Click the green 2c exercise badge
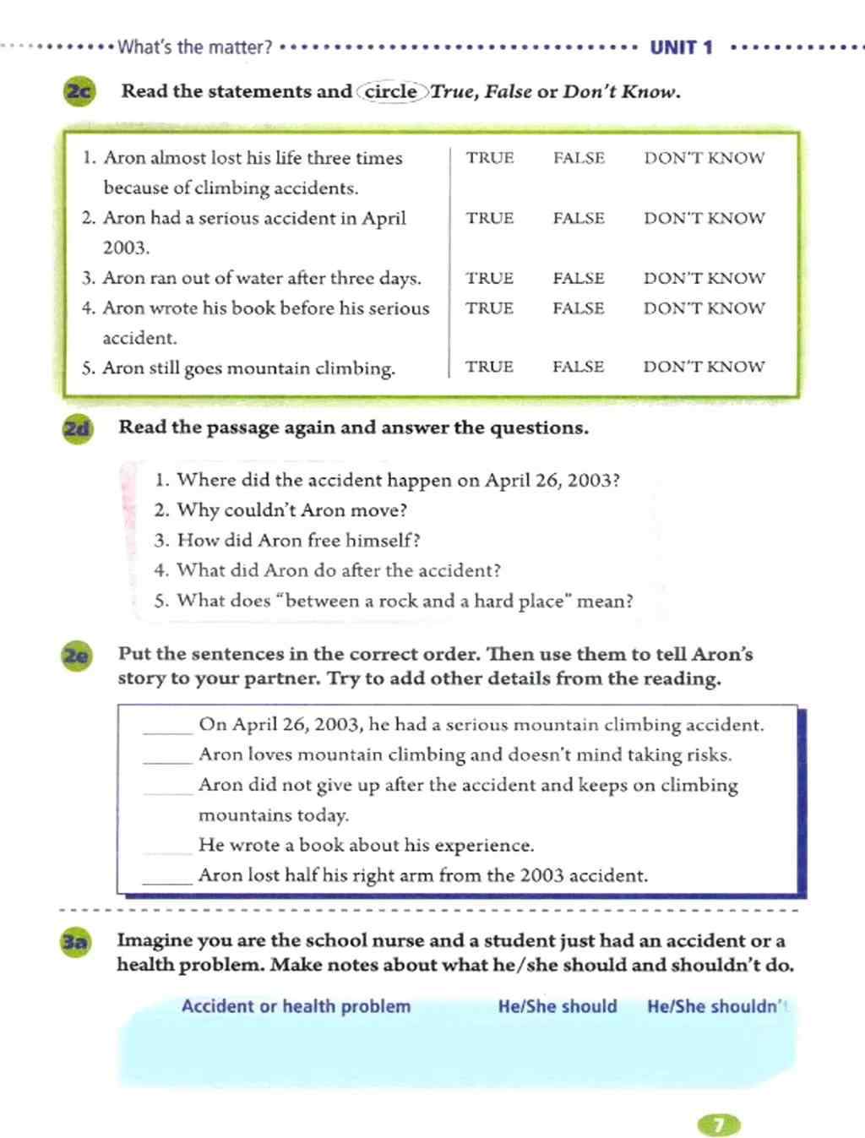pyautogui.click(x=79, y=91)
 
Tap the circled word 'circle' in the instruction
pyautogui.click(x=391, y=91)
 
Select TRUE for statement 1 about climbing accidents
pyautogui.click(x=490, y=158)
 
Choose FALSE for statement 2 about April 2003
pyautogui.click(x=579, y=218)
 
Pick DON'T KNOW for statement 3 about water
pyautogui.click(x=704, y=278)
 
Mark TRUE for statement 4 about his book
pyautogui.click(x=489, y=308)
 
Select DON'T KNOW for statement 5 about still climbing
pyautogui.click(x=704, y=367)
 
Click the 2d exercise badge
pyautogui.click(x=77, y=428)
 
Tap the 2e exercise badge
pyautogui.click(x=76, y=656)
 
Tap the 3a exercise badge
pyautogui.click(x=75, y=942)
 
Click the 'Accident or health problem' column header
pyautogui.click(x=296, y=1006)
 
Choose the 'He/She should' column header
pyautogui.click(x=558, y=1006)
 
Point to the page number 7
pyautogui.click(x=718, y=1124)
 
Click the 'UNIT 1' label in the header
pyautogui.click(x=681, y=47)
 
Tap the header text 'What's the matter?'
pyautogui.click(x=195, y=47)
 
